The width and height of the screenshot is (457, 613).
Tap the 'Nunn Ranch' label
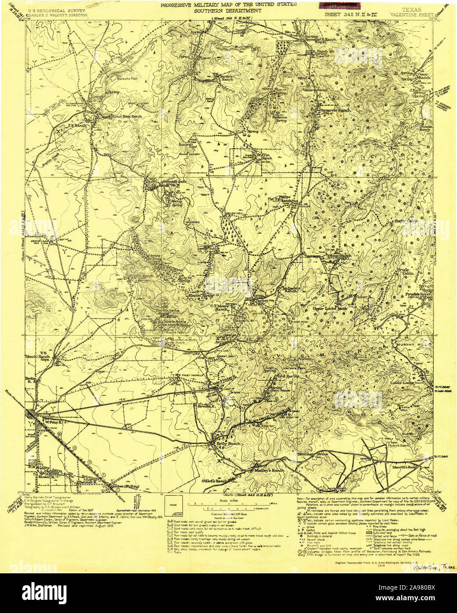tap(339, 256)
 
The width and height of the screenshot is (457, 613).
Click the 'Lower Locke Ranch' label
tap(409, 383)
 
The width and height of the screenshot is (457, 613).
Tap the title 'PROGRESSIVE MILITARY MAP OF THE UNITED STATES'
tap(228, 5)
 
